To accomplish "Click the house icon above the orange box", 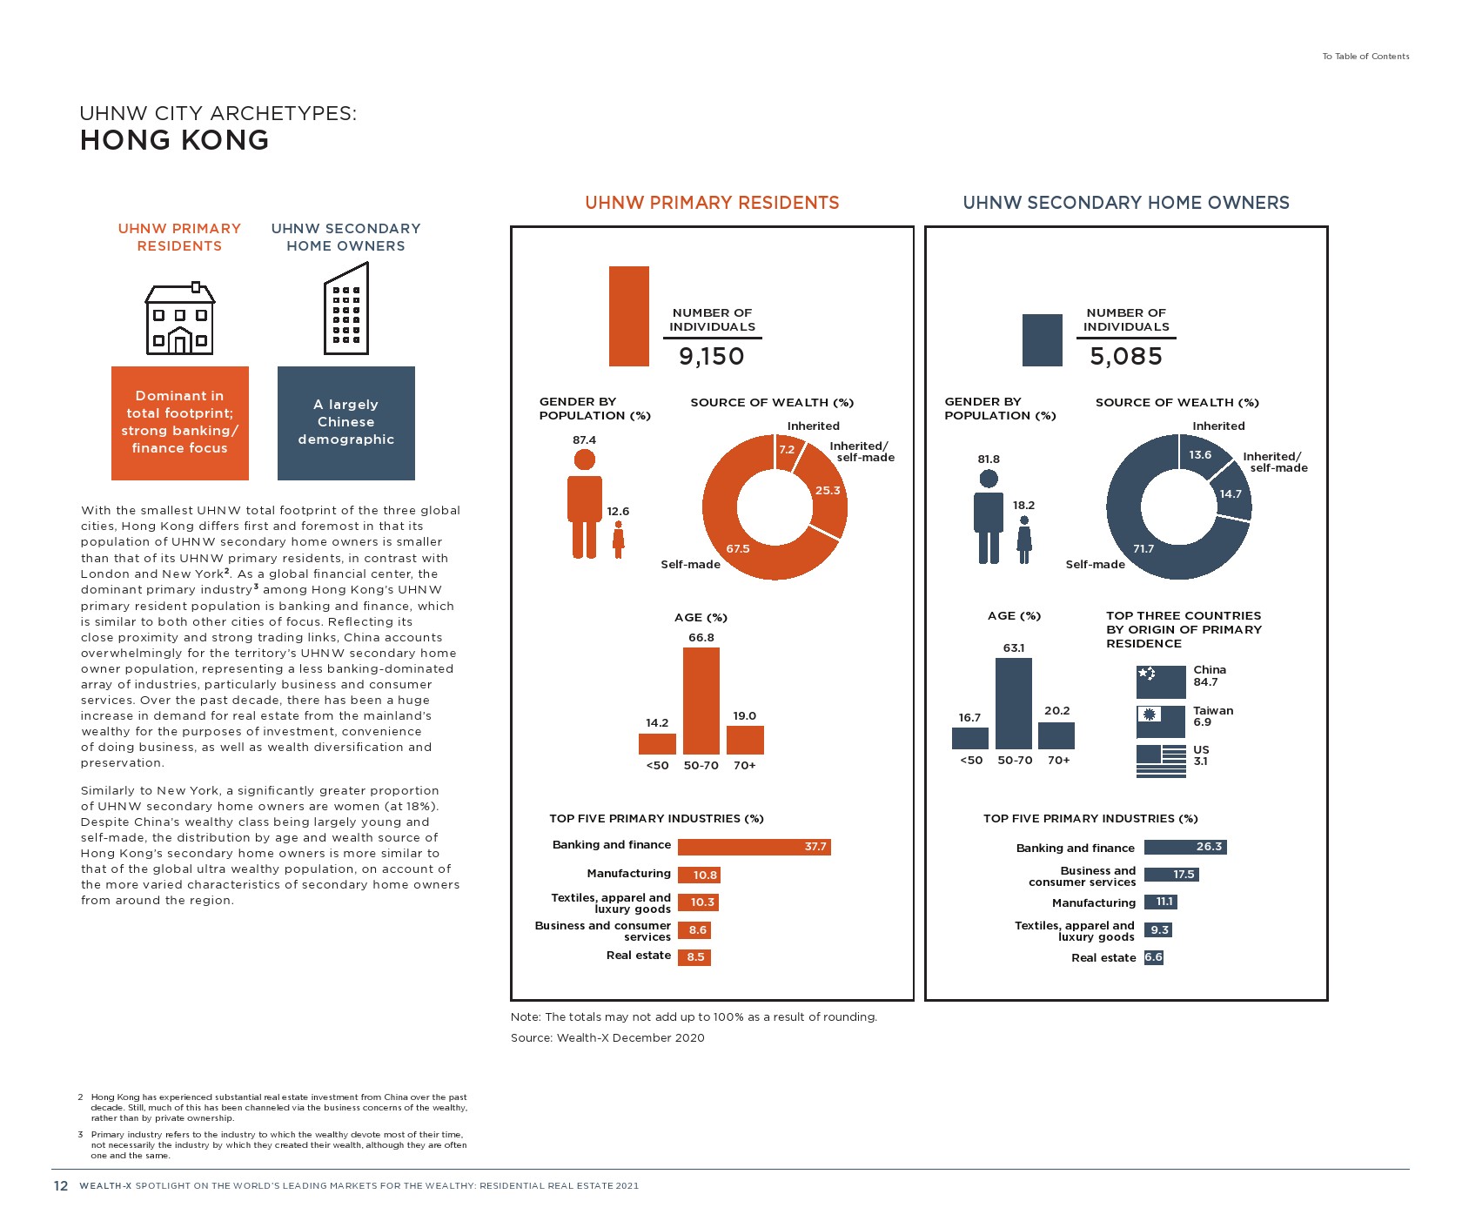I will point(179,319).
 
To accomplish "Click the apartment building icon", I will point(346,310).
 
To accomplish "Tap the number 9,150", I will point(711,356).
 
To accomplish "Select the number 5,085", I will point(1125,356).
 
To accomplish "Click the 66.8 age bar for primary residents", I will point(701,701).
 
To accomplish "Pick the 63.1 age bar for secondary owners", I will point(1013,703).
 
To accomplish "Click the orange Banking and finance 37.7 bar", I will point(754,847).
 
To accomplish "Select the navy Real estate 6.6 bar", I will point(1153,957).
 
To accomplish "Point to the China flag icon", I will point(1160,681).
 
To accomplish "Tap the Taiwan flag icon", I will point(1160,721).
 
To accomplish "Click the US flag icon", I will point(1160,761).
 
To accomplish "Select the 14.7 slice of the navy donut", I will point(1231,493).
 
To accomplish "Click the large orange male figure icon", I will point(585,504).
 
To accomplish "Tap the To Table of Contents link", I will point(1365,57).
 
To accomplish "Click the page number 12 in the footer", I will point(61,1185).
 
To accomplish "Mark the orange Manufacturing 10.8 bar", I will point(699,875).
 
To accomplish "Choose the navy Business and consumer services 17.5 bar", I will point(1170,875).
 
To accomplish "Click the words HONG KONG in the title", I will point(174,140).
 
